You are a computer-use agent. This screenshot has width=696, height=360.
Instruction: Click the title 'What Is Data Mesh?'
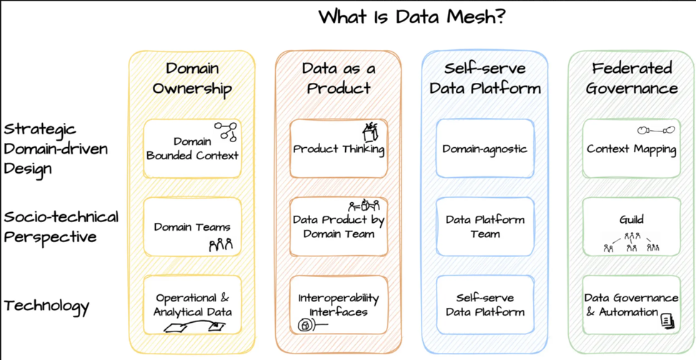[412, 16]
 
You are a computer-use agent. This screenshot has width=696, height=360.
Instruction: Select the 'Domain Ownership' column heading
[192, 79]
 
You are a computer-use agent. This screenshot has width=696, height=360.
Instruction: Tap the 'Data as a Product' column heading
[338, 79]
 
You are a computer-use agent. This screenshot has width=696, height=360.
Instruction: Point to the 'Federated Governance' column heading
[632, 79]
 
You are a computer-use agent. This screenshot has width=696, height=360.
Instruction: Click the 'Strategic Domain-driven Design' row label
[56, 149]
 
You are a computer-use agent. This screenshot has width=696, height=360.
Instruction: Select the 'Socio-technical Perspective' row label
[61, 226]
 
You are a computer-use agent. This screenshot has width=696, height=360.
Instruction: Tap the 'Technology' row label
[46, 306]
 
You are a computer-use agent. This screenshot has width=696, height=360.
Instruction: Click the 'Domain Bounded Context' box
[192, 149]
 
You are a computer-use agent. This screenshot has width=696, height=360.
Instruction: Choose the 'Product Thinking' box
[339, 149]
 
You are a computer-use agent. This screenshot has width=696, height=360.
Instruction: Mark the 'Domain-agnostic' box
[484, 149]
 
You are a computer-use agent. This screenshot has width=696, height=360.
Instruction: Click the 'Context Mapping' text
[631, 149]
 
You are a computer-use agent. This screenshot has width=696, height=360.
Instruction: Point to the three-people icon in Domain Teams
[221, 244]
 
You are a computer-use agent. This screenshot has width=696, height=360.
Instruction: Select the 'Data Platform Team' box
[484, 226]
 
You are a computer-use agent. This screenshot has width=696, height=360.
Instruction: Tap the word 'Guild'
[632, 219]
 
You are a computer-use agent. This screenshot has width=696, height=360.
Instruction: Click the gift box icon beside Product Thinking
[370, 131]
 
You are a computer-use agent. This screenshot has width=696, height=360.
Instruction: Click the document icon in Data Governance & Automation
[667, 321]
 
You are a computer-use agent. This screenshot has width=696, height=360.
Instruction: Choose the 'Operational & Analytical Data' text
[192, 305]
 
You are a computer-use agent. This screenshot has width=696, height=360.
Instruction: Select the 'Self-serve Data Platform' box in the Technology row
[484, 305]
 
